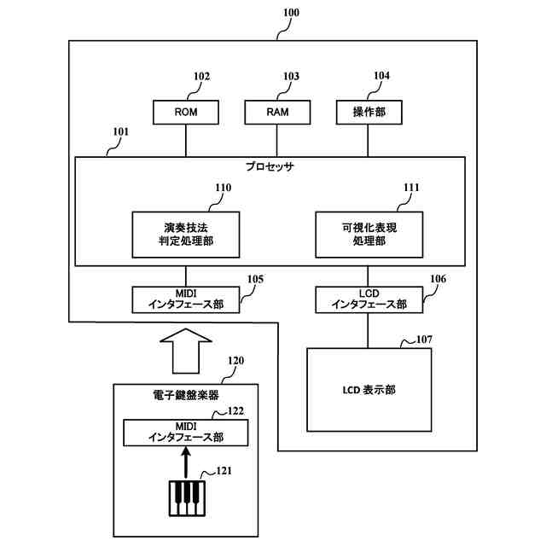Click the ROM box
point(186,112)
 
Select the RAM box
point(277,112)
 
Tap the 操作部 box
point(369,112)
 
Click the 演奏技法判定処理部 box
point(186,235)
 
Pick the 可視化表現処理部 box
point(369,235)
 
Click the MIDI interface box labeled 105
point(186,299)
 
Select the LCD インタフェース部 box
point(369,299)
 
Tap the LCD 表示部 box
point(369,390)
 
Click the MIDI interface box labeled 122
point(186,433)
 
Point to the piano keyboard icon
point(187,498)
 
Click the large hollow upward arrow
point(186,351)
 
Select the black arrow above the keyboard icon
point(186,462)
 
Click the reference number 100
point(291,13)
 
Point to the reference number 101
point(121,131)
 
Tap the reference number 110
point(224,188)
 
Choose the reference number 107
point(424,340)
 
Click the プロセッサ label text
point(270,166)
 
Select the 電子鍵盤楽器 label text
point(186,395)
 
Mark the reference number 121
point(224,471)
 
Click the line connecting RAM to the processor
point(276,141)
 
